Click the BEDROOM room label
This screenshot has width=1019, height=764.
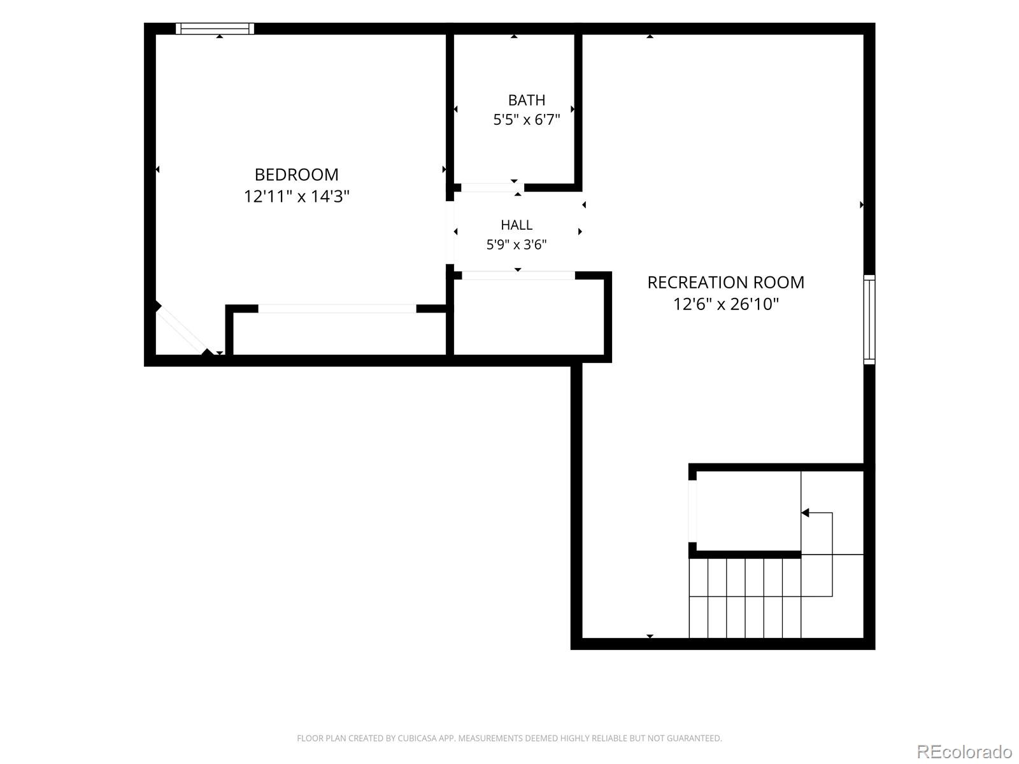[x=296, y=175]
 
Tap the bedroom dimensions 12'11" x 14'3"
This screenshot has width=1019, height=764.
[x=296, y=196]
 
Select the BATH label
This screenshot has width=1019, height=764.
[x=527, y=100]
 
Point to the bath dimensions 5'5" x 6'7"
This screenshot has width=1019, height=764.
[x=527, y=120]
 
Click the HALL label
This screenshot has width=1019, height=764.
[x=517, y=225]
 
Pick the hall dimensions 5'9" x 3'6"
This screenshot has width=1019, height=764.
[x=517, y=244]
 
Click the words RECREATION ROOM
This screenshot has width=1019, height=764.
[x=725, y=283]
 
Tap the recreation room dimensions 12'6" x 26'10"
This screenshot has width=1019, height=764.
[x=725, y=304]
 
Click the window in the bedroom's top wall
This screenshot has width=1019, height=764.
[x=215, y=29]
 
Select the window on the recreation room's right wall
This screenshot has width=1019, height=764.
[x=869, y=320]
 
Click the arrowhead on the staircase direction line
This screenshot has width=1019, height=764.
[x=806, y=513]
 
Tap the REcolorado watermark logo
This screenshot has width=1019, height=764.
[x=964, y=751]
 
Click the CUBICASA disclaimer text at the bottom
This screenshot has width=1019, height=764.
[x=509, y=738]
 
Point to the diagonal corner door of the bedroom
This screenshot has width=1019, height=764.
[x=182, y=330]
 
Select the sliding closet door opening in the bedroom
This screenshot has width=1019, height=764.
[x=337, y=309]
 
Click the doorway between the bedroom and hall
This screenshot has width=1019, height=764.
[x=450, y=232]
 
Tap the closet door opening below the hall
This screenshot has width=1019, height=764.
[x=518, y=275]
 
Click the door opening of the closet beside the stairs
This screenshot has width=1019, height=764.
[x=692, y=511]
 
